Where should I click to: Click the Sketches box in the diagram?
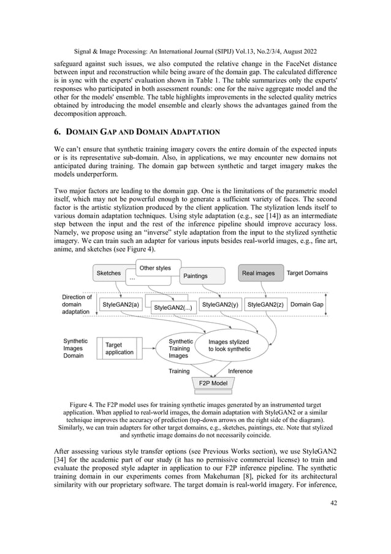pos(108,273)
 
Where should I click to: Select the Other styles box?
pos(155,268)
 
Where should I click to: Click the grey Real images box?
pos(258,273)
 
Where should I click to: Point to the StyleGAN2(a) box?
pos(121,304)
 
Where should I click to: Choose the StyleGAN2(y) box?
pos(220,304)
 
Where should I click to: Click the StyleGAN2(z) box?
pos(265,304)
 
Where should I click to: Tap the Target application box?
pos(119,348)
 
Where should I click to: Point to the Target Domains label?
pos(307,273)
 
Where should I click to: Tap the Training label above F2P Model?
pos(179,371)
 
